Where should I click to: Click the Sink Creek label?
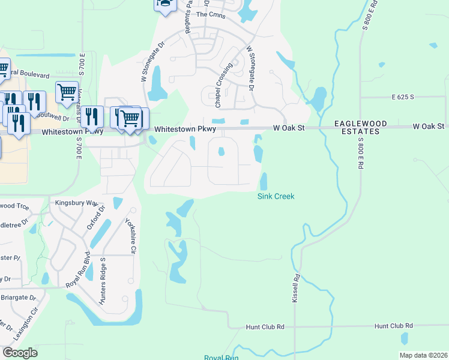(276, 196)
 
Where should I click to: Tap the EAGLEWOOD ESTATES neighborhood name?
(361, 127)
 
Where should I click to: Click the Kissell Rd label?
(295, 289)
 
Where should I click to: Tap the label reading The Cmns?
(211, 15)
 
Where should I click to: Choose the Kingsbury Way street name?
(76, 203)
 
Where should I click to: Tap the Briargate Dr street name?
(17, 297)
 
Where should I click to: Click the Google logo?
(20, 352)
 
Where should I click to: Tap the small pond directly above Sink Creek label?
(264, 180)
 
